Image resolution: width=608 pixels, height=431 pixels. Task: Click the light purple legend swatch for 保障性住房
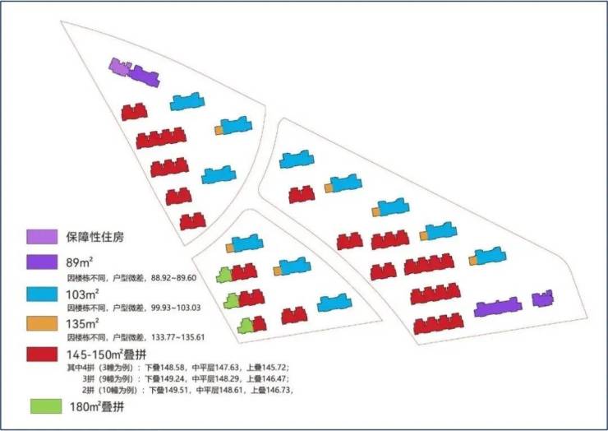(42, 237)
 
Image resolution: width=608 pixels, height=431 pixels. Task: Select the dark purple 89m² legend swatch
(42, 262)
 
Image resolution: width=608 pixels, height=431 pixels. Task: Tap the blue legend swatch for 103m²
(42, 294)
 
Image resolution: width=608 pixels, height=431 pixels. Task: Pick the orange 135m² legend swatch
(42, 323)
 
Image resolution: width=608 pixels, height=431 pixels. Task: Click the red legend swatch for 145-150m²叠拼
(42, 355)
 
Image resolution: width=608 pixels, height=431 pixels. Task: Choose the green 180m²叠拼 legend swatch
(46, 406)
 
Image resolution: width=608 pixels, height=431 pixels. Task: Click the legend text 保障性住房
(95, 237)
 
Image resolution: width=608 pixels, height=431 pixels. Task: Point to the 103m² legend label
(82, 294)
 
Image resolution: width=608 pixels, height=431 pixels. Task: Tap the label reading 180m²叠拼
(97, 406)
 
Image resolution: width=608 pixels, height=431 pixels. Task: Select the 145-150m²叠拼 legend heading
(106, 355)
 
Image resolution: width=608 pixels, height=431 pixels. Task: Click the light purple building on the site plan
(119, 67)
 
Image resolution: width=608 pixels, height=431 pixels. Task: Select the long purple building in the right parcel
(498, 307)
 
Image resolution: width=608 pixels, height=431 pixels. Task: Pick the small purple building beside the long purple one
(542, 299)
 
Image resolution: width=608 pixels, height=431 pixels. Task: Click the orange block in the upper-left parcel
(219, 130)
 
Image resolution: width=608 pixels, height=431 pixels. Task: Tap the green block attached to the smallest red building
(245, 327)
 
